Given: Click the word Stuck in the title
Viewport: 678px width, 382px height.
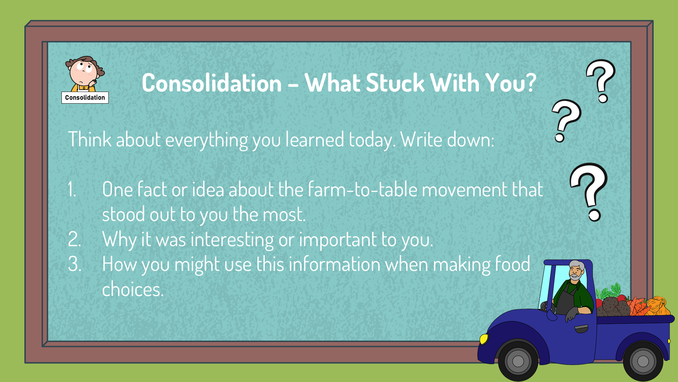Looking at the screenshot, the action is pos(395,83).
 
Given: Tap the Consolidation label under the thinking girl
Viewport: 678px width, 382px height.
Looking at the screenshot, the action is pos(85,98).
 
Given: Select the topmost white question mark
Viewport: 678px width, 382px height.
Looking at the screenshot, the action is pos(601,81).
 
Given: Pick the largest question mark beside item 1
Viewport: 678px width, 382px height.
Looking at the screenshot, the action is pos(589,192).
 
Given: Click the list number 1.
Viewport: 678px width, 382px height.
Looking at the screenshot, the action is pos(72,189).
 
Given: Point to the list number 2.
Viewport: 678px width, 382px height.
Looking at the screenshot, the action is pos(75,239).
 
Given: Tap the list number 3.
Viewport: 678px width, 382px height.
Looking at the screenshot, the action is pos(75,264).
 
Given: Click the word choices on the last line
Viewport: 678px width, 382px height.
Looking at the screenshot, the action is pos(133,289).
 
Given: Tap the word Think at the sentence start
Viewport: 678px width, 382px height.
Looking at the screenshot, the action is pos(90,139).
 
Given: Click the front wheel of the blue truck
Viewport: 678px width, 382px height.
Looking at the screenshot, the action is pos(518,361).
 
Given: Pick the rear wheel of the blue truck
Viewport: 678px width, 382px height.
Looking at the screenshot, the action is pos(643,361).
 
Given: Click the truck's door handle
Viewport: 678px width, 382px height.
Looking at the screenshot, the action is pos(581,329).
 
